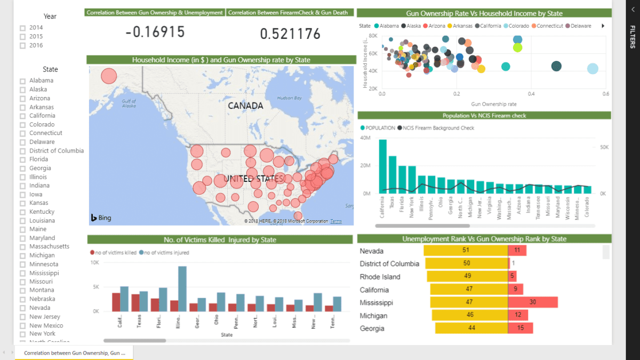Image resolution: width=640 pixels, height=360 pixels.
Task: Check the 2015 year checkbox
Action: click(x=22, y=36)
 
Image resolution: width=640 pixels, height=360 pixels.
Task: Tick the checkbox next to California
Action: click(x=22, y=116)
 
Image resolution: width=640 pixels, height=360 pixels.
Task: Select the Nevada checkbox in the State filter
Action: click(x=22, y=308)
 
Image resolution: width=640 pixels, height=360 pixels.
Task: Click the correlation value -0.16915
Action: click(x=155, y=33)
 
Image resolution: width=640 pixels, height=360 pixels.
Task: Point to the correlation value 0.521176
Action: click(x=290, y=34)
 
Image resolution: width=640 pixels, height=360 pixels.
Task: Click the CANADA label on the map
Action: click(x=245, y=106)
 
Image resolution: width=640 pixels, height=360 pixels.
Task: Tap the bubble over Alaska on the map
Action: click(x=108, y=76)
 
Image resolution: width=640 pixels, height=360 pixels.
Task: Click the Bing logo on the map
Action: click(x=101, y=218)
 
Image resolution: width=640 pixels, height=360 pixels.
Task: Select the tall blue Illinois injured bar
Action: click(x=182, y=289)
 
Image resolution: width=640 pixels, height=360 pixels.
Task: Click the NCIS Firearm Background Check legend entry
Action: click(x=438, y=128)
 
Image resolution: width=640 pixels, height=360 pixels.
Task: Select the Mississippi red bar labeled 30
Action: click(x=533, y=302)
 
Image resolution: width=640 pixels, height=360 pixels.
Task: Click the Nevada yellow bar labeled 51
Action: click(x=466, y=250)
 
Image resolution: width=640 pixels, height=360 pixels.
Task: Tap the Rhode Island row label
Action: click(x=380, y=277)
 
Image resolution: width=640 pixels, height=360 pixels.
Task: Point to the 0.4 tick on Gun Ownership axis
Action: click(x=531, y=93)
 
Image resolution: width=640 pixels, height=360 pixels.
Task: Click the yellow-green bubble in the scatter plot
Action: click(x=517, y=47)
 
